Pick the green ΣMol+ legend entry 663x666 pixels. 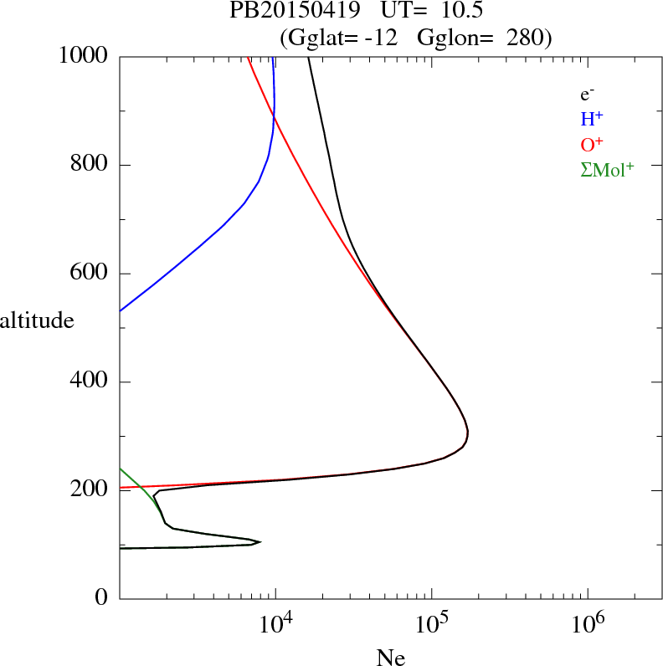click(607, 169)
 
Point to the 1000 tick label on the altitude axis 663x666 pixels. click(84, 56)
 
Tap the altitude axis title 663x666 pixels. click(37, 320)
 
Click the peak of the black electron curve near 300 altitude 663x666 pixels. click(468, 433)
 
